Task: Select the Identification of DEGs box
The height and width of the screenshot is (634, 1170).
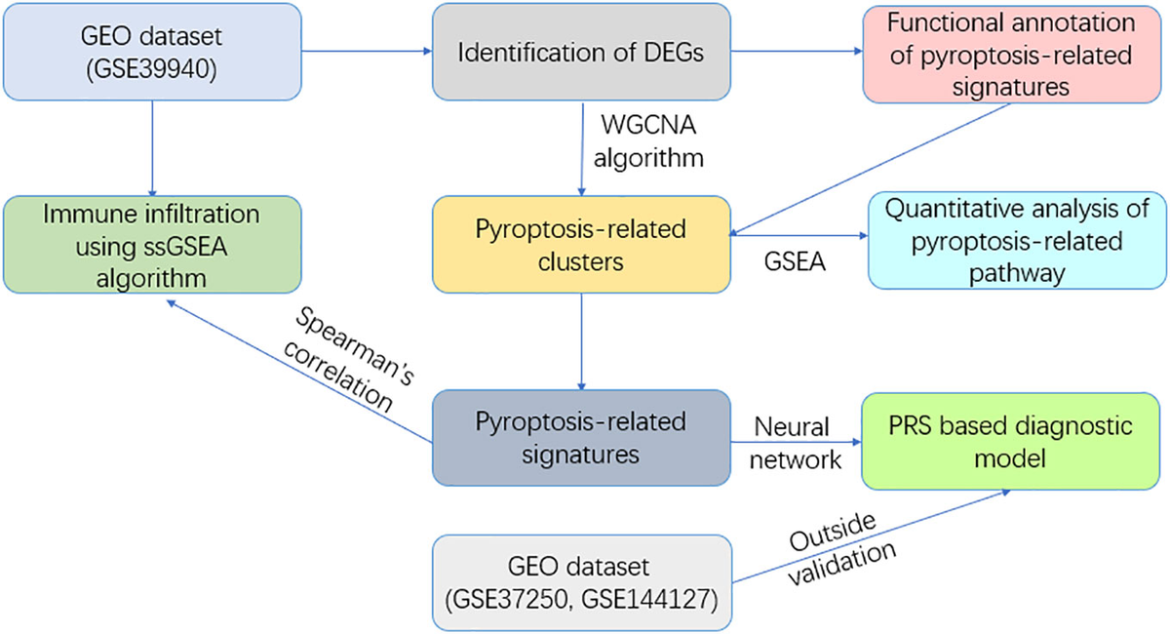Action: pyautogui.click(x=581, y=51)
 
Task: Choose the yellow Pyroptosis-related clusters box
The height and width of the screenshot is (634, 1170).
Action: pyautogui.click(x=581, y=244)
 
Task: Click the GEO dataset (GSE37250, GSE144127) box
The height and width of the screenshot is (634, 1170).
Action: pyautogui.click(x=581, y=582)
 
